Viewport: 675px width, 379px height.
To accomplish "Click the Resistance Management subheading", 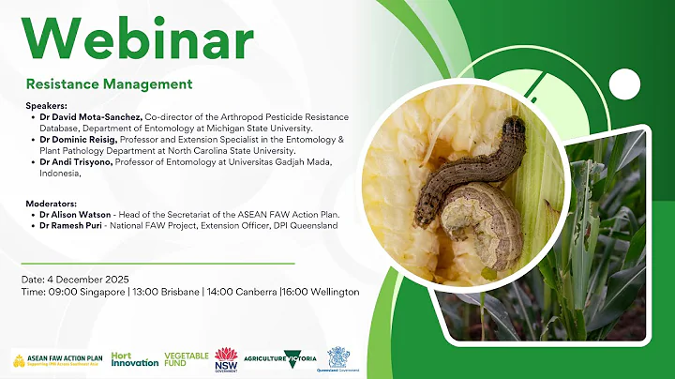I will [109, 83].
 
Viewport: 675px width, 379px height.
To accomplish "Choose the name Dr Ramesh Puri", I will [74, 226].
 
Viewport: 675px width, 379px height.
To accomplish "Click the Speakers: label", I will [48, 105].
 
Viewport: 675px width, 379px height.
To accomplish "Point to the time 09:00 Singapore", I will [89, 292].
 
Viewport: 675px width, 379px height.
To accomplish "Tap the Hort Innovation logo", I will [134, 359].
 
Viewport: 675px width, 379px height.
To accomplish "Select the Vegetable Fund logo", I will [187, 359].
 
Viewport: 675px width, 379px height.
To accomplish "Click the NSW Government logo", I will [226, 358].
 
